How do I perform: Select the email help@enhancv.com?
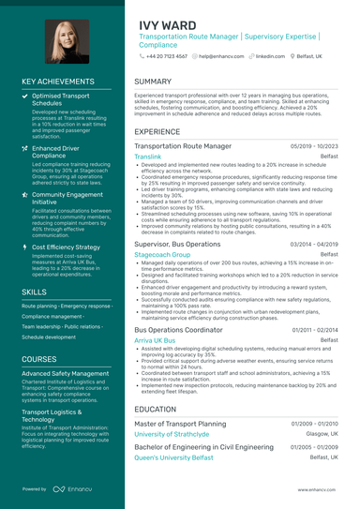tap(222, 56)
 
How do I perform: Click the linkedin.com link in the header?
tap(270, 56)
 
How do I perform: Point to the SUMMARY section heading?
tap(153, 82)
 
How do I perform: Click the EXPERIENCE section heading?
tap(157, 132)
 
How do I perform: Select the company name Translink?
tap(148, 157)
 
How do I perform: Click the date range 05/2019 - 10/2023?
tap(314, 147)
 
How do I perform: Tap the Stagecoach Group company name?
tap(162, 254)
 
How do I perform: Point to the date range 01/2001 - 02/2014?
tap(314, 330)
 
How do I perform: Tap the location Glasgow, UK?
tap(322, 434)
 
